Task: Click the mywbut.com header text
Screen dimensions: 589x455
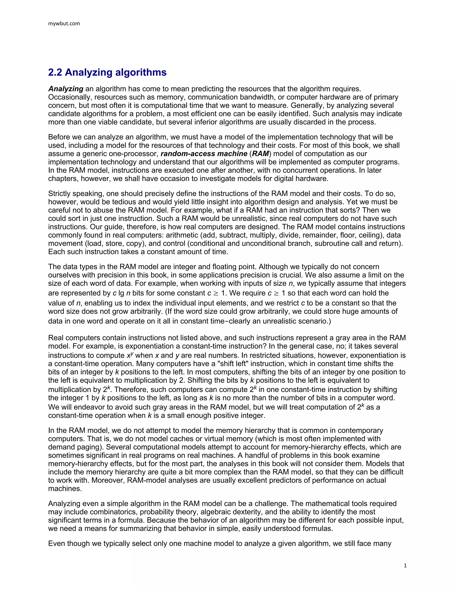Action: point(64,24)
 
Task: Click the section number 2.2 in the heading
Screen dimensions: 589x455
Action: point(55,72)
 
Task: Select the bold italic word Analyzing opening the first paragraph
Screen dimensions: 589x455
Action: point(66,89)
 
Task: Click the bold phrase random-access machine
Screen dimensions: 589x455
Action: point(204,154)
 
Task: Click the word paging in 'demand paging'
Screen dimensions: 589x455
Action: point(90,447)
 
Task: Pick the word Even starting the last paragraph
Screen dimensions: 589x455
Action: point(56,543)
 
